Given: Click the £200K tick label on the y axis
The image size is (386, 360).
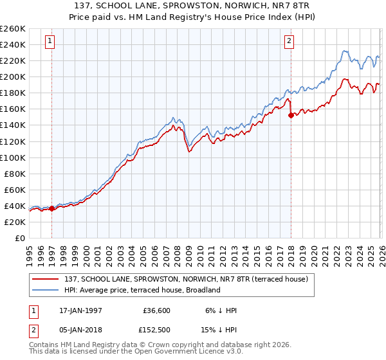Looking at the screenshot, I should click(x=12, y=76).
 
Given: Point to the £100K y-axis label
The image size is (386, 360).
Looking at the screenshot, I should click(x=12, y=157).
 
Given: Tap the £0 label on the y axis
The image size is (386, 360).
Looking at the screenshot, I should click(x=19, y=238).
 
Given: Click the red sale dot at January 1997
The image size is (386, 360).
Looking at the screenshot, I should click(x=52, y=208).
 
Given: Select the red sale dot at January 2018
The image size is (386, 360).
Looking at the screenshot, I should click(x=291, y=115).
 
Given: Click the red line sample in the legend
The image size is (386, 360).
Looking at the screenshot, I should click(x=46, y=279).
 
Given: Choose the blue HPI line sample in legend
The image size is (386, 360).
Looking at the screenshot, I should click(x=46, y=290).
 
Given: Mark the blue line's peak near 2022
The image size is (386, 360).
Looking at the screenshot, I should click(x=345, y=51).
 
